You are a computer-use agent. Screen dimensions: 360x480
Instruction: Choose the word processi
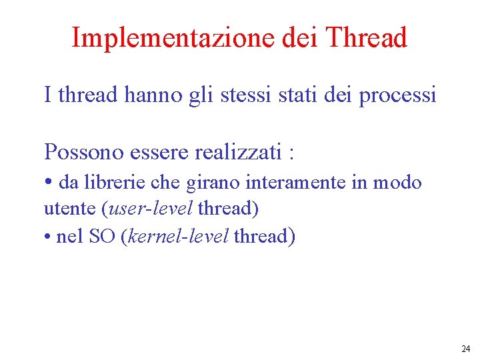[x=397, y=95]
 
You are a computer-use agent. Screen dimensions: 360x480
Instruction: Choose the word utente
[x=69, y=209]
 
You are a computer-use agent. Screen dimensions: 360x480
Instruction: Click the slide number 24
[x=465, y=349]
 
